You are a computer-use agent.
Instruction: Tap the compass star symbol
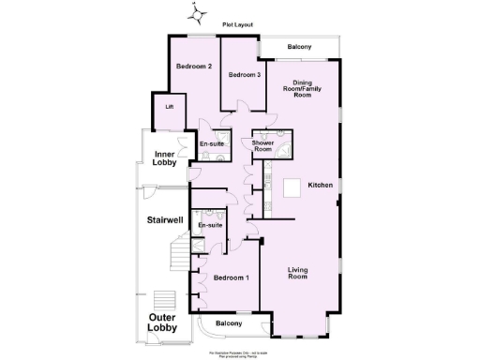[x=197, y=14]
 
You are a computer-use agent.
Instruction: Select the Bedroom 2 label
[x=196, y=67]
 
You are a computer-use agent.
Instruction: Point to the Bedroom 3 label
[x=245, y=74]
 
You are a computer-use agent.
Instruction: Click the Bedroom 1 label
[x=232, y=278]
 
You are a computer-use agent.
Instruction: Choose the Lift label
[x=170, y=107]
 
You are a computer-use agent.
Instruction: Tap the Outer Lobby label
[x=164, y=322]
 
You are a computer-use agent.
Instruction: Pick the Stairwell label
[x=163, y=221]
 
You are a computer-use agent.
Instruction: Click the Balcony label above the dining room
[x=299, y=46]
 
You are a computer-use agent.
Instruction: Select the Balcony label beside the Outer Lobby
[x=228, y=323]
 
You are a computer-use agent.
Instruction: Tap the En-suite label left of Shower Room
[x=212, y=143]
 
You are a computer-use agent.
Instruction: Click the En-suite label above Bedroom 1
[x=210, y=226]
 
